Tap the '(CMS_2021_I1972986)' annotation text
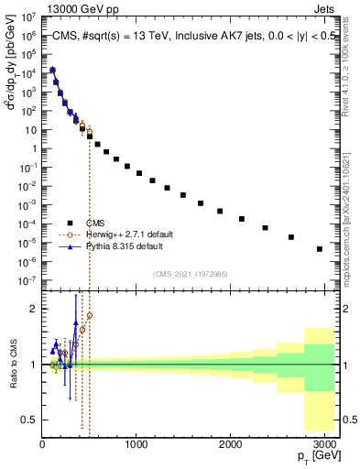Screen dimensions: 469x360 pyautogui.click(x=191, y=273)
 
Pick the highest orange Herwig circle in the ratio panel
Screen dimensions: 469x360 pyautogui.click(x=90, y=316)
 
